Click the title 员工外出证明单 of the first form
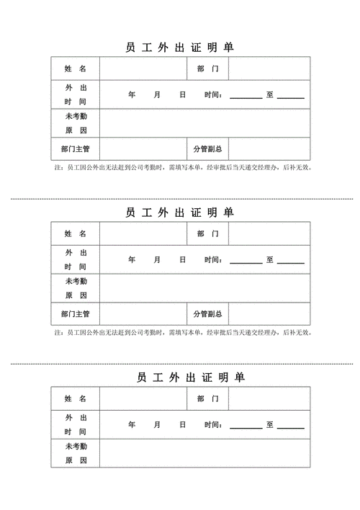click(x=180, y=48)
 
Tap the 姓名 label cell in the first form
click(x=75, y=69)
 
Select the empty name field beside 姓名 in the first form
click(x=143, y=69)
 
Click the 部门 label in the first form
click(x=207, y=69)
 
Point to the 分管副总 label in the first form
click(x=207, y=149)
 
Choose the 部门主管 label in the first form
click(x=75, y=149)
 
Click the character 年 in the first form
click(x=132, y=94)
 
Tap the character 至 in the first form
click(x=270, y=94)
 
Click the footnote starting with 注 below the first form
click(x=183, y=168)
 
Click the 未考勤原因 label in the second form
click(x=75, y=288)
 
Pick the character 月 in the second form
click(x=156, y=259)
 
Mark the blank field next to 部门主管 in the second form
click(x=143, y=314)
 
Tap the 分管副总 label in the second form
click(x=207, y=314)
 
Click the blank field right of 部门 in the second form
click(x=269, y=234)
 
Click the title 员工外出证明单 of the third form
click(x=180, y=377)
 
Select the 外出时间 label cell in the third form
click(x=75, y=424)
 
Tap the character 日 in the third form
click(x=182, y=424)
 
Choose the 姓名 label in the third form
click(x=75, y=398)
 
